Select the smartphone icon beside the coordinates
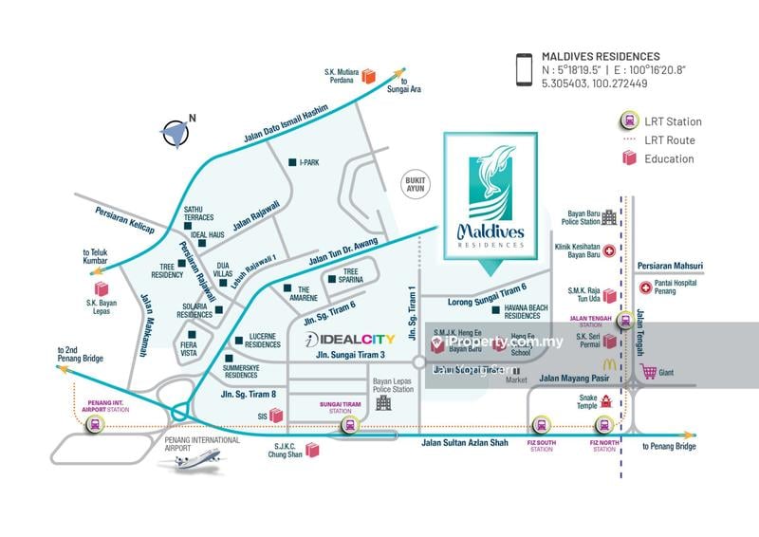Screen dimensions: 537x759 [x=523, y=70]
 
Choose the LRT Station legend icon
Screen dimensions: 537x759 [x=628, y=120]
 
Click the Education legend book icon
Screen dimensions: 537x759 [x=628, y=158]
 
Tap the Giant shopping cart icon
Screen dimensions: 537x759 [x=649, y=371]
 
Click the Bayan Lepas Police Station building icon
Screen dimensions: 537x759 [x=383, y=403]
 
